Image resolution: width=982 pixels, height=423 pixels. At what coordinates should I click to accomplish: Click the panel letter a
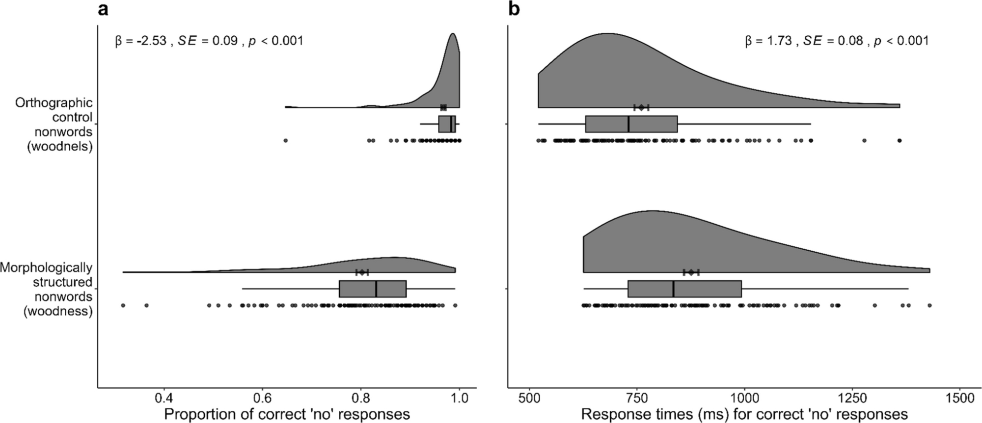103,9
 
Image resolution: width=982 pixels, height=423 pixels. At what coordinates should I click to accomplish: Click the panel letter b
514,9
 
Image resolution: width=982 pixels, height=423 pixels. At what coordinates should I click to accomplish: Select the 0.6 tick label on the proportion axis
262,397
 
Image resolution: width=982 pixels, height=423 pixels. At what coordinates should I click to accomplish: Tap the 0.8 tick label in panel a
361,397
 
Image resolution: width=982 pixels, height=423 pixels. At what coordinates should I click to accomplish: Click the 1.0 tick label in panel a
459,397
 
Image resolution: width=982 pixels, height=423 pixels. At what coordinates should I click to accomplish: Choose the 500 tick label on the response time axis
530,397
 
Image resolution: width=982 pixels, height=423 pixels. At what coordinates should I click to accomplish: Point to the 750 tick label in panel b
637,397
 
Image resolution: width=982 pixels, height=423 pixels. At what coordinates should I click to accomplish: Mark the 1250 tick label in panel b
852,397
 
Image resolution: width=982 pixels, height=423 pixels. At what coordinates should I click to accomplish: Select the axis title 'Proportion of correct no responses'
287,414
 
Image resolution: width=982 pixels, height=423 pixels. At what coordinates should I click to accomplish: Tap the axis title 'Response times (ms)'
744,414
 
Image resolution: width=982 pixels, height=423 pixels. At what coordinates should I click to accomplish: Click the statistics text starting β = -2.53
209,41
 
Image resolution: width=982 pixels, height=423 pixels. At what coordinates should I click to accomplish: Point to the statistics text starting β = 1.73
837,41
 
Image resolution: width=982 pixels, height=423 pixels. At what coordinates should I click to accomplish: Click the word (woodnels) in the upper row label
59,146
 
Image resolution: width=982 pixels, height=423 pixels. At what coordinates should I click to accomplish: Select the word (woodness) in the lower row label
58,311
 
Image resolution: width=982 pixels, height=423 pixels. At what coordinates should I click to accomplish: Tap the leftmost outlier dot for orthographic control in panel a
285,141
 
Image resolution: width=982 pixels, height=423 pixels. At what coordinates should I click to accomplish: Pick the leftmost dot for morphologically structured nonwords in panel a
123,305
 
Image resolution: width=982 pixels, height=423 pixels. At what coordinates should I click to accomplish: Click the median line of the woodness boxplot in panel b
673,289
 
